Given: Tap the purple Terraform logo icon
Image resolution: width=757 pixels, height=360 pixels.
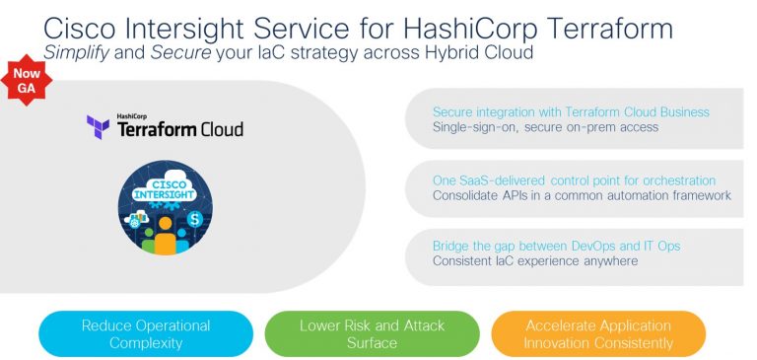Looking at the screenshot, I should [x=98, y=127].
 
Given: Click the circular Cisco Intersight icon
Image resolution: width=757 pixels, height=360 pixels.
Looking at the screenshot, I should [x=165, y=209].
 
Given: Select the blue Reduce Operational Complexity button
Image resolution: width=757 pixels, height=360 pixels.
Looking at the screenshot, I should [x=146, y=334].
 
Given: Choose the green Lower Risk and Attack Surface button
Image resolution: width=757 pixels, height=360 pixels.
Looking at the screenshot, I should [x=372, y=334].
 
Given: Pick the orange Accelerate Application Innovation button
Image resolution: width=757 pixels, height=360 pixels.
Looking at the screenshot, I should [x=598, y=334].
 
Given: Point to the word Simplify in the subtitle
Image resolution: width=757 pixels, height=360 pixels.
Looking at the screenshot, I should [x=77, y=51].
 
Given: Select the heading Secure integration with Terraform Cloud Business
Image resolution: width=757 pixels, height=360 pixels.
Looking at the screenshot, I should [x=571, y=111].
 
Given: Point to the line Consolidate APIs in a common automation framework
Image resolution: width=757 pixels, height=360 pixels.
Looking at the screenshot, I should [x=582, y=195].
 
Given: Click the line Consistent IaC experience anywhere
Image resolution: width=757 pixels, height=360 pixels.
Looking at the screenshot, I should [x=535, y=261].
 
